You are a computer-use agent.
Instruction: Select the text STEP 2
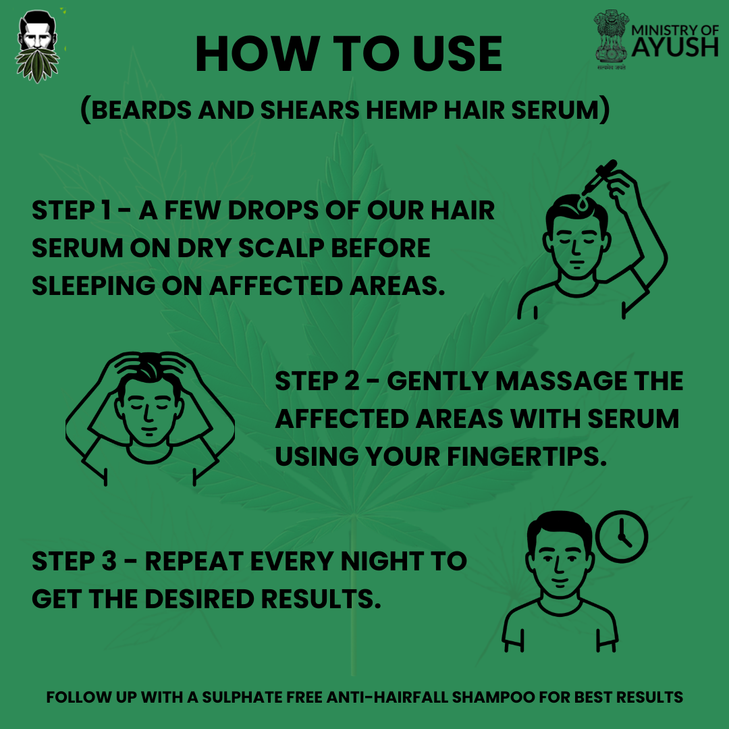(317, 381)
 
